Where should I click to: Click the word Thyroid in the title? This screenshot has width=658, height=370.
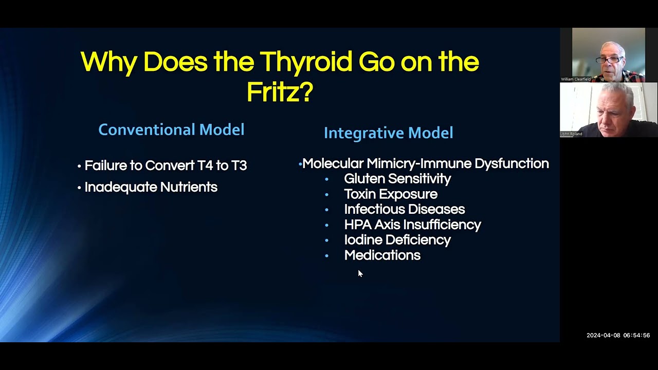click(306, 62)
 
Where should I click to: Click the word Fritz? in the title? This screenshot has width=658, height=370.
click(280, 92)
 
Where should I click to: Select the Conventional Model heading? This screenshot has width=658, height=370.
click(171, 129)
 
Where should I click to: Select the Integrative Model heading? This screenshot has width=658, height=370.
click(388, 133)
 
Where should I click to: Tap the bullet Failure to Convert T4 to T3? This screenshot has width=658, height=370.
click(165, 165)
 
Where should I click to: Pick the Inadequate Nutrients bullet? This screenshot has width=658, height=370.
click(151, 187)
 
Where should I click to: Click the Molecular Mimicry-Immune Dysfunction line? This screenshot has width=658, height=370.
click(425, 163)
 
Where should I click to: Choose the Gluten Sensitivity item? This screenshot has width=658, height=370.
click(397, 179)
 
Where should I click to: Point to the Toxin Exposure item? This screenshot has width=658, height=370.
click(391, 194)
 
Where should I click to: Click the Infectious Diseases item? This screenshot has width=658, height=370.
click(404, 209)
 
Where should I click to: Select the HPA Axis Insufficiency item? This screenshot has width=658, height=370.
click(412, 225)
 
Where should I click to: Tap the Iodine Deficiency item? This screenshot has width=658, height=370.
click(397, 240)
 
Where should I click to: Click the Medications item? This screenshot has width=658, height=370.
click(382, 255)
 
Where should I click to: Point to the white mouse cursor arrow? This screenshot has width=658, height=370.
click(360, 273)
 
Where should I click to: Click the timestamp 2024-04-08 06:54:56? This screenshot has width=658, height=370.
click(618, 336)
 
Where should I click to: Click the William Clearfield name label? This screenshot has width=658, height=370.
click(576, 79)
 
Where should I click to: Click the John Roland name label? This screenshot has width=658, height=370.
click(572, 134)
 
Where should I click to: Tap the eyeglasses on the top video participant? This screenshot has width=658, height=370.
click(610, 60)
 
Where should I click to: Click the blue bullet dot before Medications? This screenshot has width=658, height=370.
click(326, 255)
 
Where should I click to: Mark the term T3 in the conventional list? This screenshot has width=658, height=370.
click(239, 165)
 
